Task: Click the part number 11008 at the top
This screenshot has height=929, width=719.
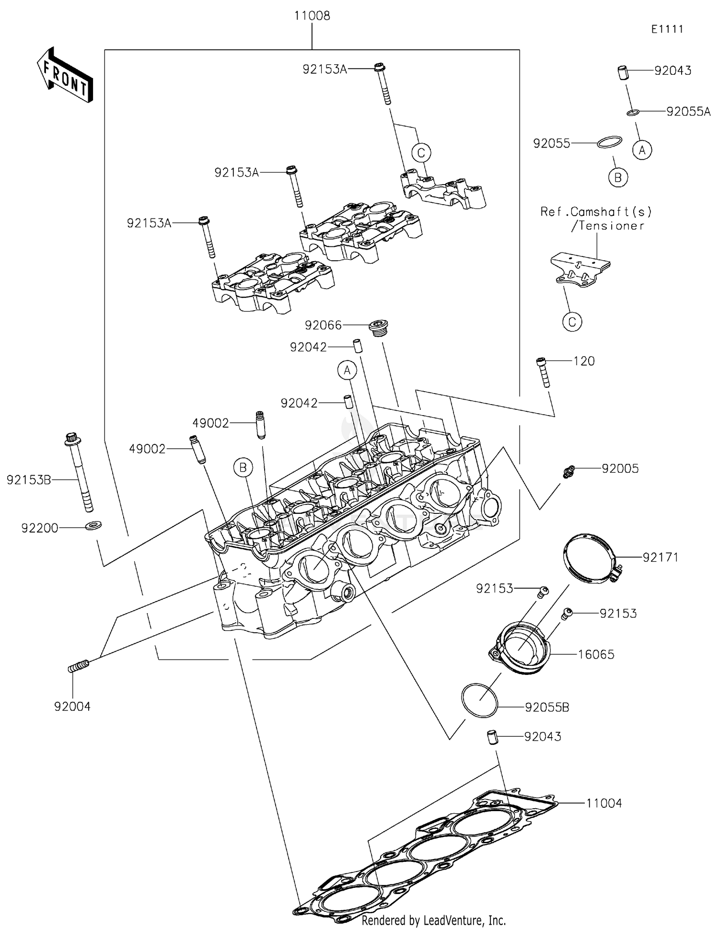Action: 312,16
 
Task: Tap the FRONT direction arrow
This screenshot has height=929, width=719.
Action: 65,75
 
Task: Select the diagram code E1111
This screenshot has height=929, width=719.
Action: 667,29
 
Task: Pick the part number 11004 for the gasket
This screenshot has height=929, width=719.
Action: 603,803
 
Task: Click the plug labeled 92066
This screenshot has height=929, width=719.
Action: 379,328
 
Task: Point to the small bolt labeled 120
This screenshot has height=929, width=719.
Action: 543,372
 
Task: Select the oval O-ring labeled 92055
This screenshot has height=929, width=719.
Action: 610,142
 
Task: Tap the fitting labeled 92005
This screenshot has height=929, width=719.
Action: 569,472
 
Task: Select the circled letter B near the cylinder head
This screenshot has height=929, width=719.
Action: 243,467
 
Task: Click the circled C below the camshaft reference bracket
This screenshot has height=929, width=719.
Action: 572,322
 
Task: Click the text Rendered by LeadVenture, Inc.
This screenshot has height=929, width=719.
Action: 433,920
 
